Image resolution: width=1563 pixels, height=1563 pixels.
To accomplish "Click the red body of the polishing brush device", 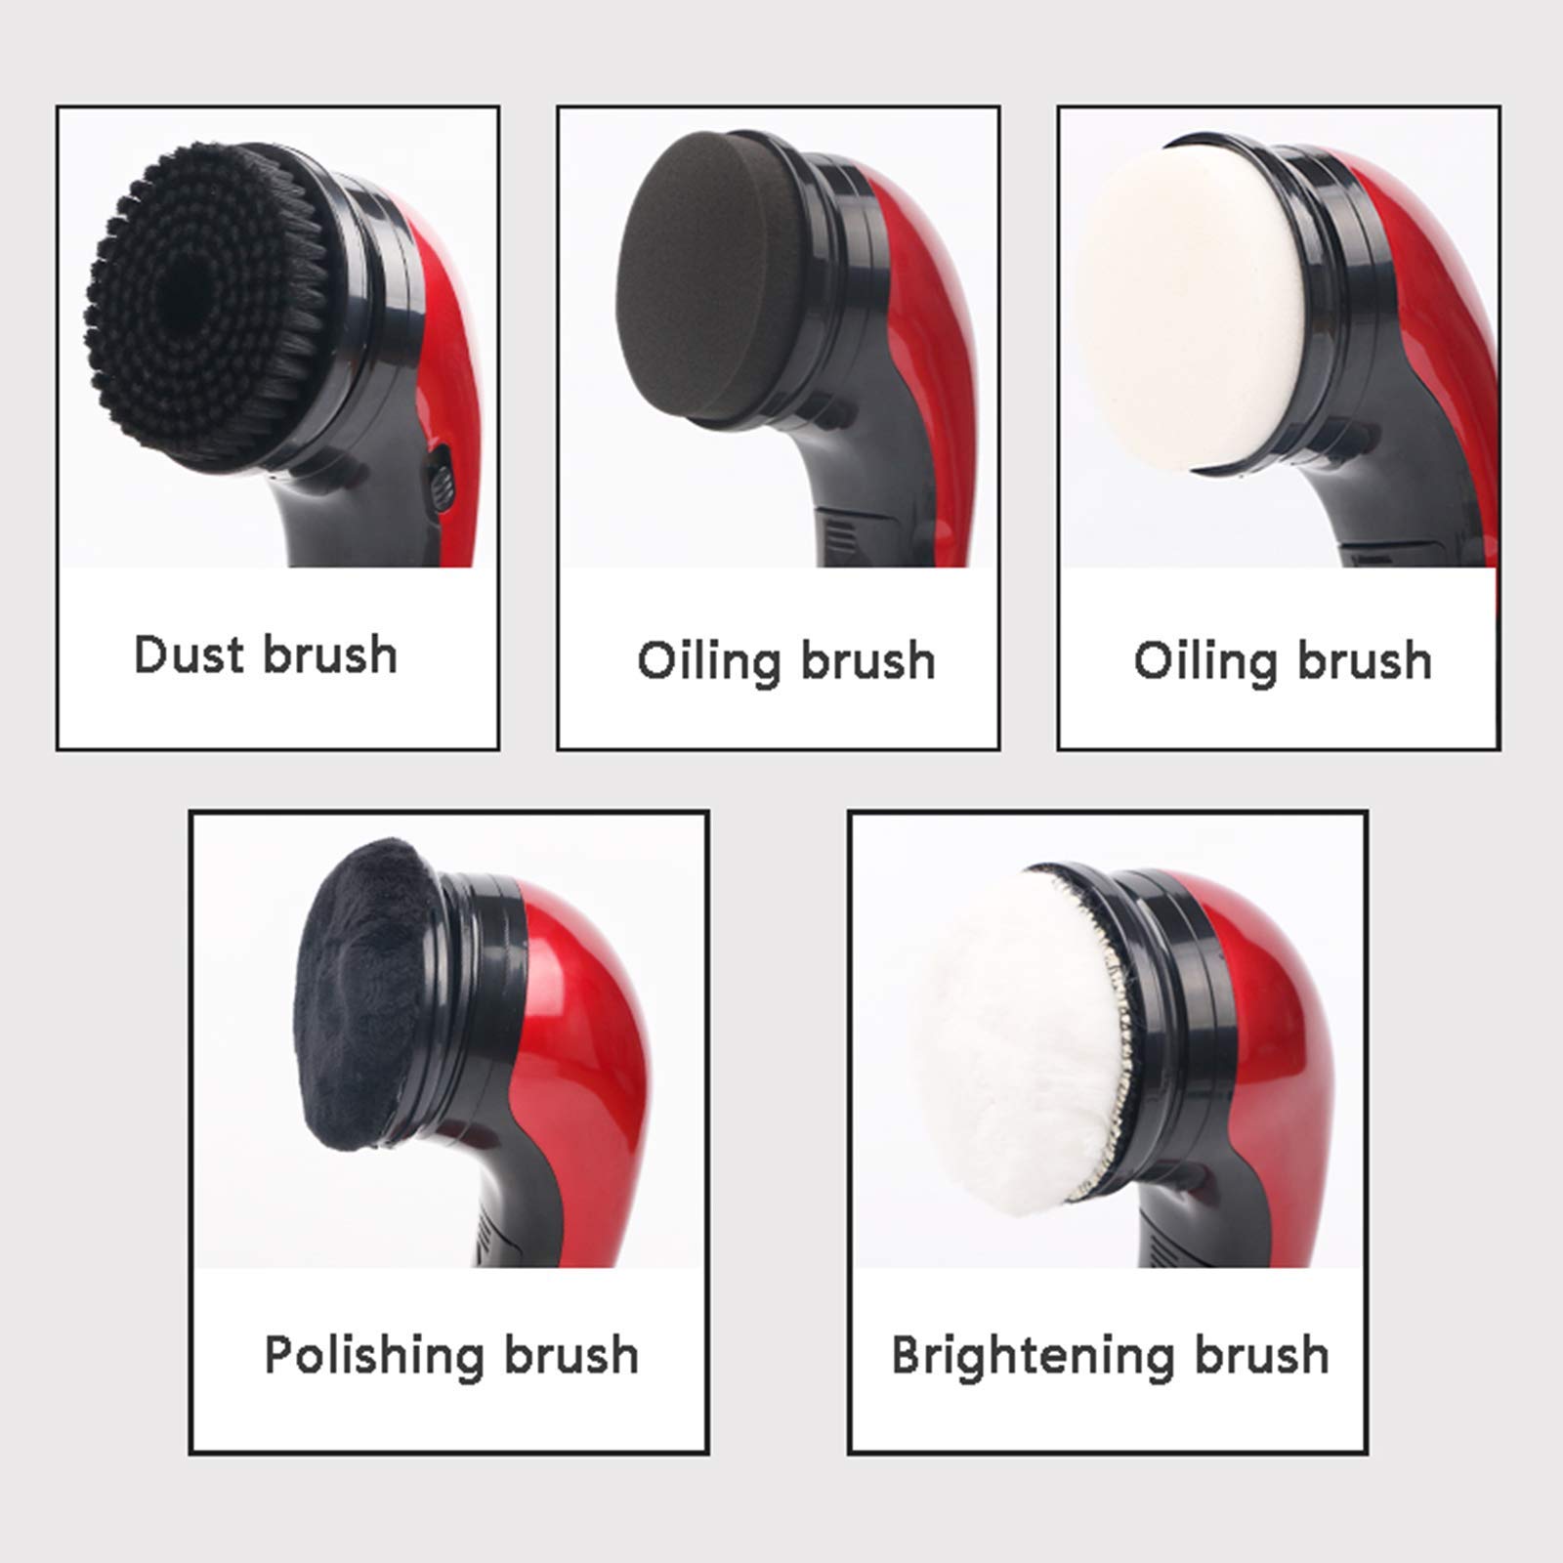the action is pyautogui.click(x=586, y=1016).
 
